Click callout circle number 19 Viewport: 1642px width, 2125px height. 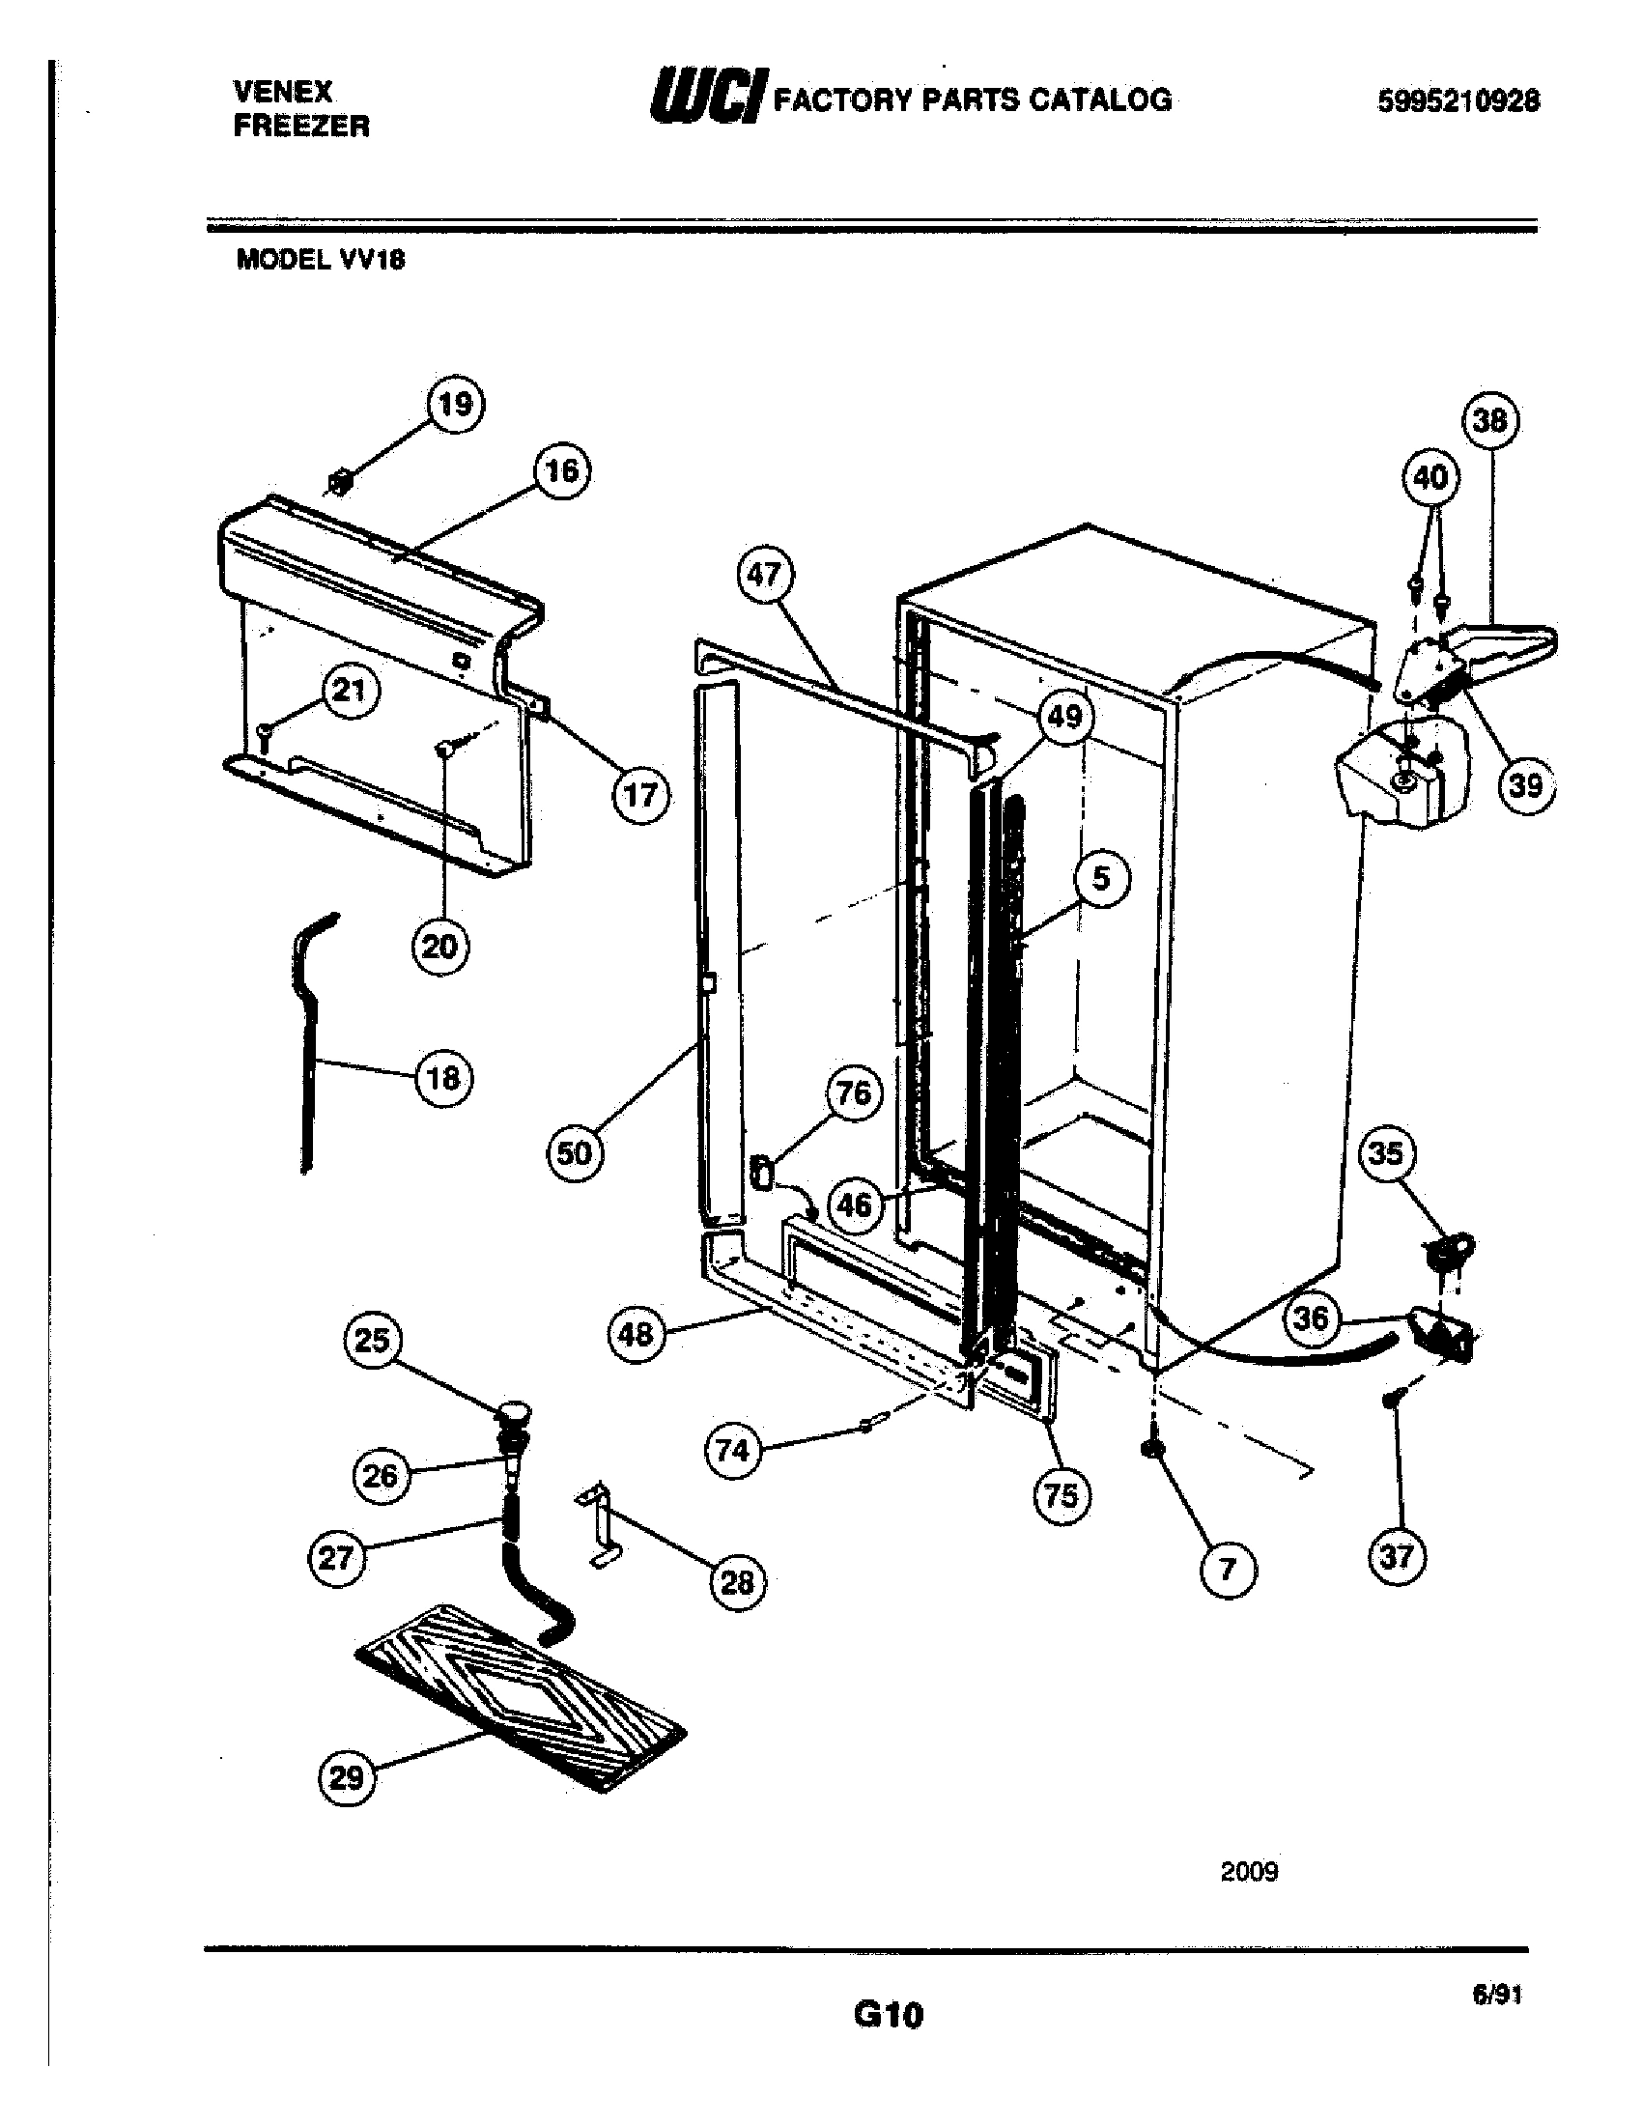[x=455, y=404]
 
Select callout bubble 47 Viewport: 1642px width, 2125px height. [x=764, y=576]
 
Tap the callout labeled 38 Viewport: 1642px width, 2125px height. [x=1490, y=420]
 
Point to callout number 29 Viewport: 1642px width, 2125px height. [x=347, y=1778]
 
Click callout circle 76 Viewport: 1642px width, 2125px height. [x=853, y=1093]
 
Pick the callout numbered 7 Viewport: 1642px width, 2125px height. [x=1228, y=1569]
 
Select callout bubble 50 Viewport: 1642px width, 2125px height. [x=574, y=1153]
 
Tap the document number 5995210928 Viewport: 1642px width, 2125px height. [x=1458, y=101]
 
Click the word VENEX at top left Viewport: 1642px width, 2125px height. [x=283, y=92]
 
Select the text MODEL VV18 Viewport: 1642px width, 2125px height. [x=320, y=261]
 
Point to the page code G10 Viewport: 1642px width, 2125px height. [x=888, y=2015]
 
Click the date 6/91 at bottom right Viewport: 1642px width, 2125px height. [x=1496, y=1996]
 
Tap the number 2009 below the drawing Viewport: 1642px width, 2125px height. [x=1249, y=1871]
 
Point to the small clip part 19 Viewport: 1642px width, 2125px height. [x=340, y=481]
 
